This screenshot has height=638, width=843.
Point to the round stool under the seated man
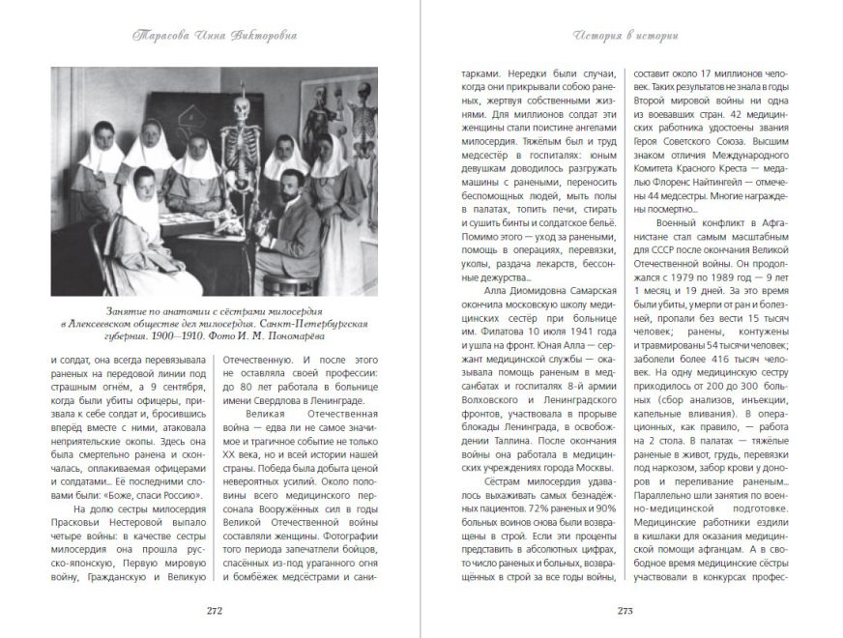[x=274, y=283]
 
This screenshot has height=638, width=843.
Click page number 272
[x=215, y=609]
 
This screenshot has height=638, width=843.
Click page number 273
[x=625, y=609]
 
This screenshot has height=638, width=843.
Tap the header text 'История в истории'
[x=625, y=36]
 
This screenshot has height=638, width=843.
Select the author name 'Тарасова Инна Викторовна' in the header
[x=215, y=36]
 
